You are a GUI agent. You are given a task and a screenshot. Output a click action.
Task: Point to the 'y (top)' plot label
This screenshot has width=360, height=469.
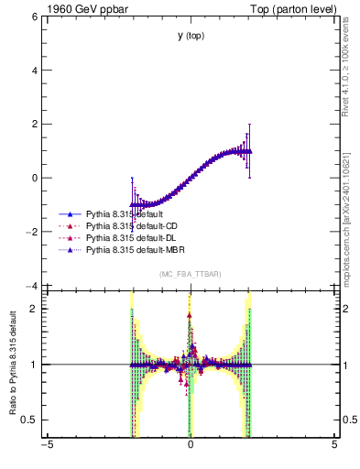tap(190, 36)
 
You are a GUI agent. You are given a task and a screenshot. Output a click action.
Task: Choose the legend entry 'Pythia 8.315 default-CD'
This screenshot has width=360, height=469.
tap(131, 225)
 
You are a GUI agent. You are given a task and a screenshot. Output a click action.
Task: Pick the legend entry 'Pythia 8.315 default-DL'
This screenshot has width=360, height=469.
tap(130, 237)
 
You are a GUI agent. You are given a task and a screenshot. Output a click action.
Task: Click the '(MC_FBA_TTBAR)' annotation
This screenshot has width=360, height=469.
tap(190, 275)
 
